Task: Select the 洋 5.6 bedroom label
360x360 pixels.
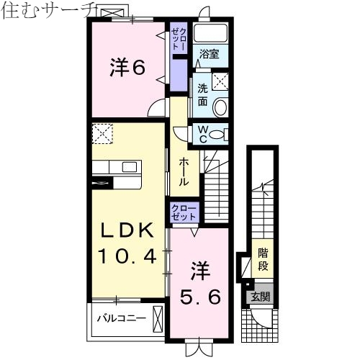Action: pyautogui.click(x=200, y=285)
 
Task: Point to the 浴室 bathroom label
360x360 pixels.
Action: pyautogui.click(x=210, y=53)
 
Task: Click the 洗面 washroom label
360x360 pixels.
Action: pyautogui.click(x=202, y=94)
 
